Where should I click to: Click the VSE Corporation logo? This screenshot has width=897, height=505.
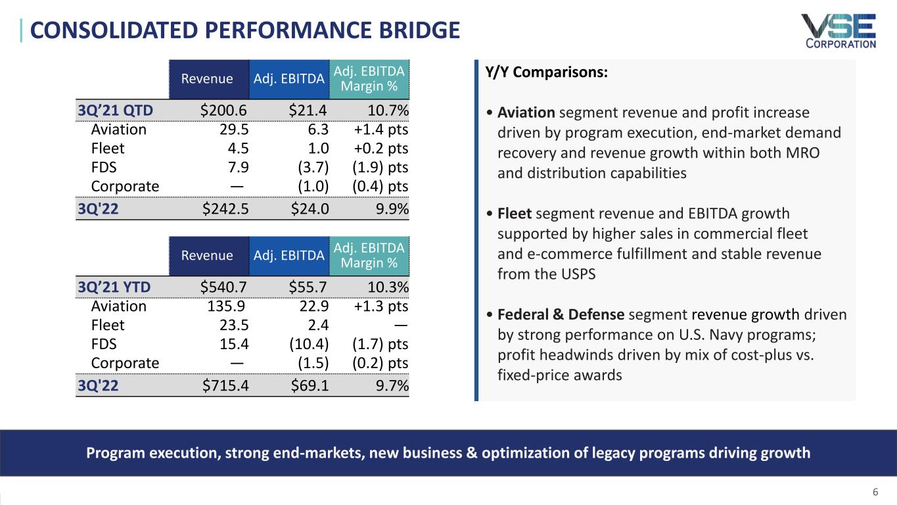[838, 31]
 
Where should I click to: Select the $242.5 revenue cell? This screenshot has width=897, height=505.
[224, 210]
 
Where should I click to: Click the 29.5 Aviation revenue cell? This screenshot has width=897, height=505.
[235, 130]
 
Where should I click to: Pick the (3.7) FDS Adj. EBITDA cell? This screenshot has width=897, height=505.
[310, 167]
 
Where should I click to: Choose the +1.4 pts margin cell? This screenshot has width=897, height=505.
[376, 130]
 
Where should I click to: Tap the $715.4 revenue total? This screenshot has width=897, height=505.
[224, 386]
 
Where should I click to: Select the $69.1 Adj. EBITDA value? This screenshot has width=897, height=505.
[310, 386]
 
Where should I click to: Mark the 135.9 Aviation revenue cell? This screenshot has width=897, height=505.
[228, 306]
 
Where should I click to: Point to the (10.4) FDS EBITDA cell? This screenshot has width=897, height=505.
[307, 344]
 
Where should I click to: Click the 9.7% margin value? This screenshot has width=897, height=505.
[392, 386]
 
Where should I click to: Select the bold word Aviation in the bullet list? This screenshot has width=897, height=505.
[526, 112]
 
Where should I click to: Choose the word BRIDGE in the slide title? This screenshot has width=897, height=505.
[416, 30]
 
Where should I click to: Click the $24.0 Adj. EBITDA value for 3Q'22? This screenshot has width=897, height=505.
[310, 210]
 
